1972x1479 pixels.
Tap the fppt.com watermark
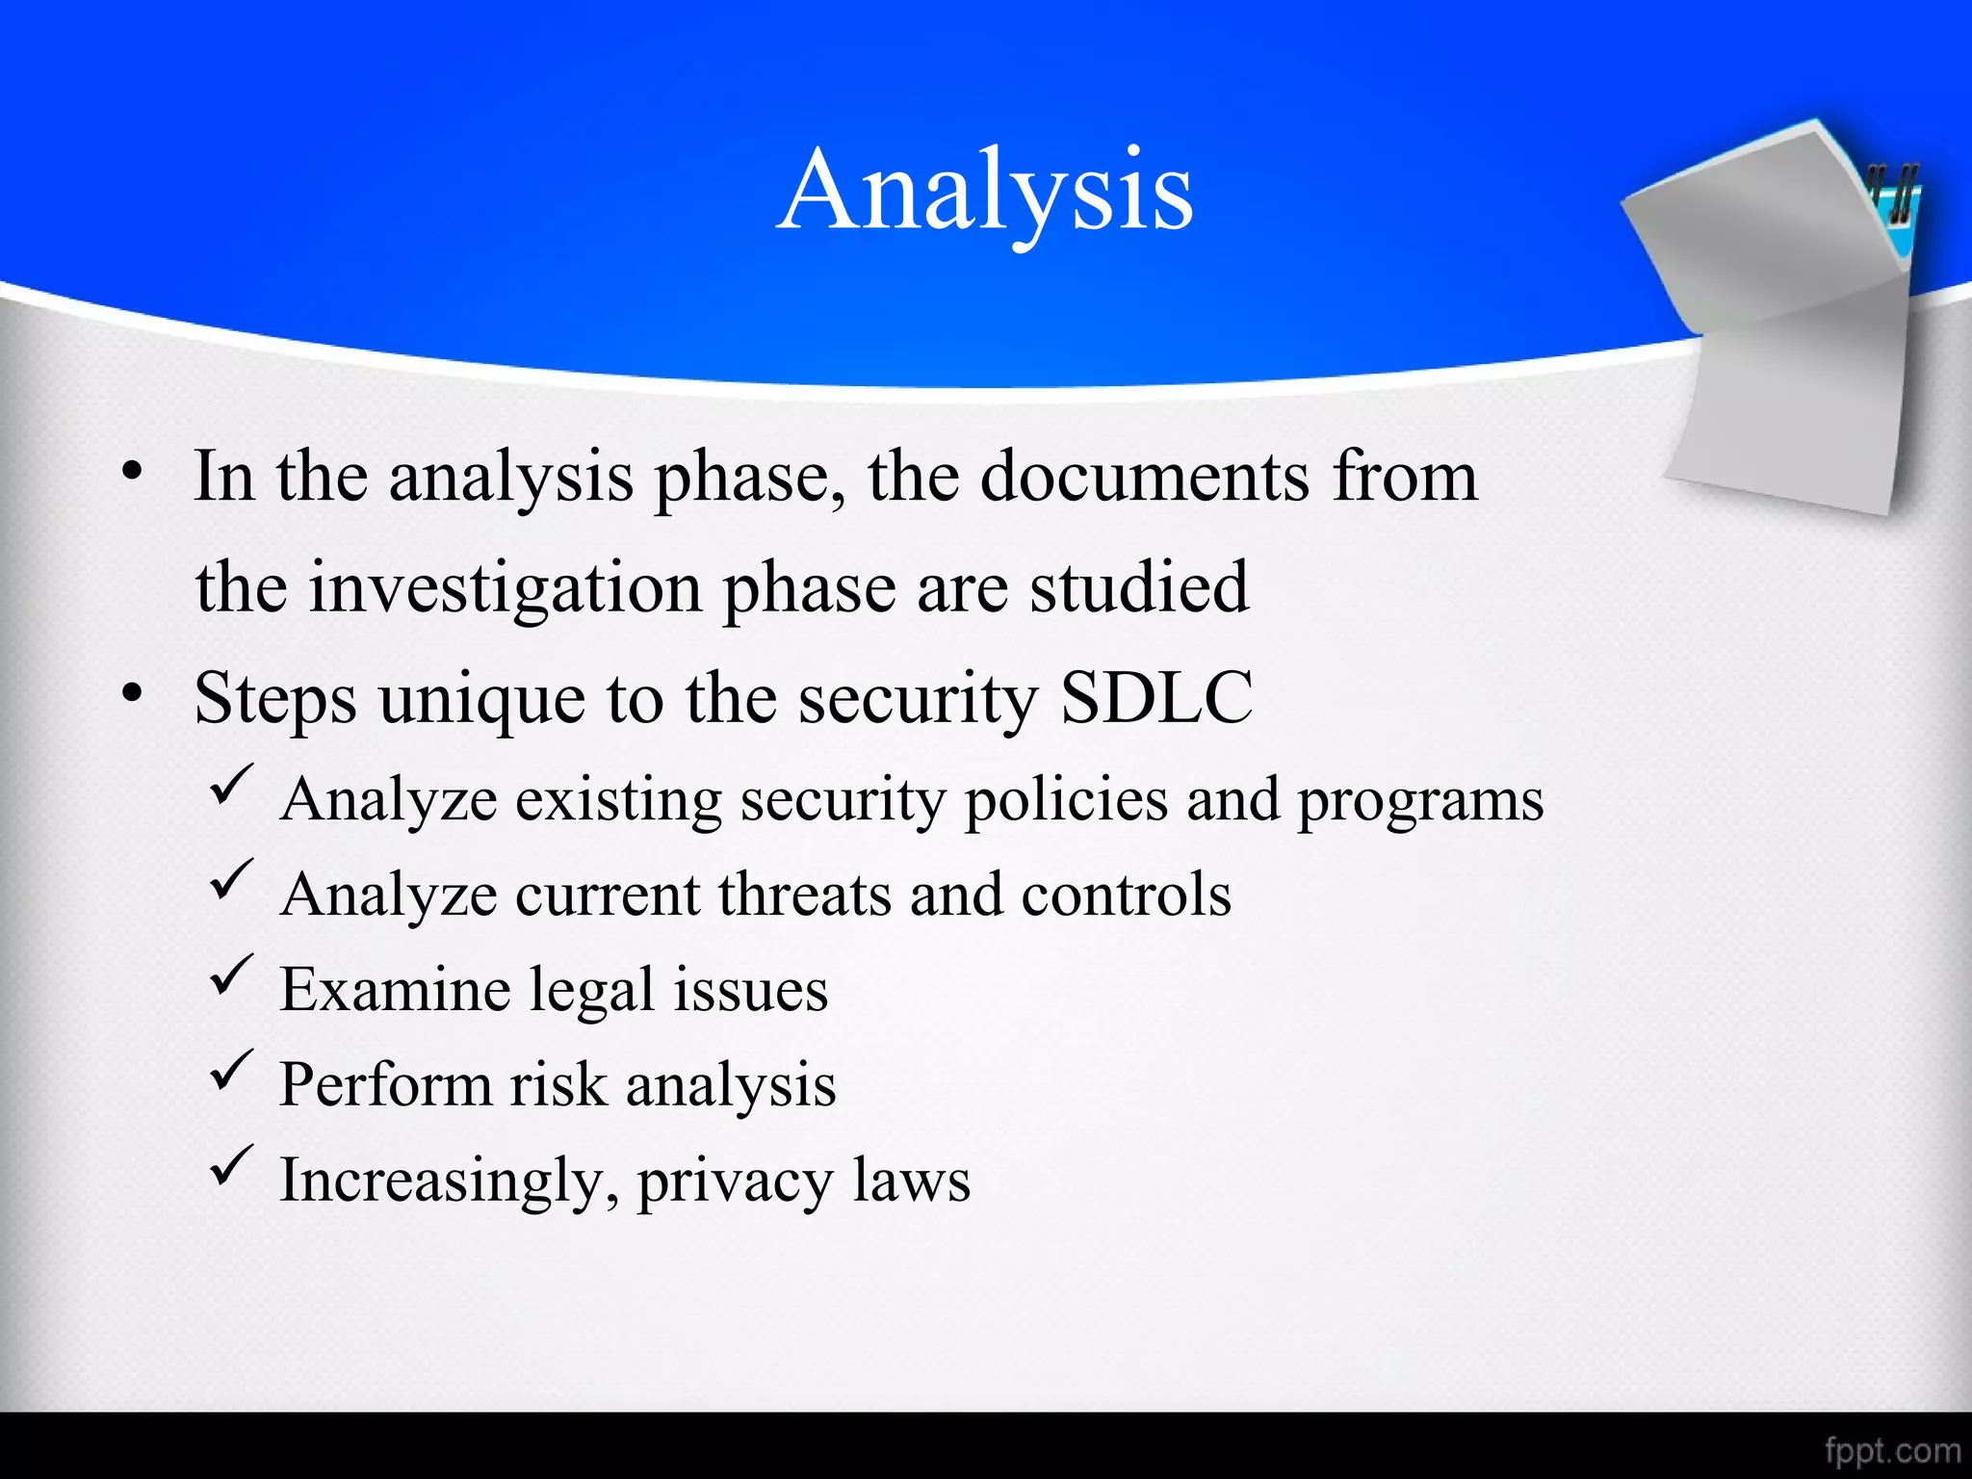coord(1891,1450)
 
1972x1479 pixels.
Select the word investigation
coord(505,587)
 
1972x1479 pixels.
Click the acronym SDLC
coord(1155,697)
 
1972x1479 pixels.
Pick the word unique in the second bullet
coord(481,701)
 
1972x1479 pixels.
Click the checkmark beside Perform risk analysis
coord(231,1071)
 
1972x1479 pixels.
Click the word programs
coord(1419,801)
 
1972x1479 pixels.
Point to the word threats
coord(804,895)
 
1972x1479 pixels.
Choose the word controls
coord(1125,895)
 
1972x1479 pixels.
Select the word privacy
coord(734,1182)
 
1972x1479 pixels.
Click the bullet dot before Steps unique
coord(132,692)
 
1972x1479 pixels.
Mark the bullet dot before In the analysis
coord(132,471)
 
